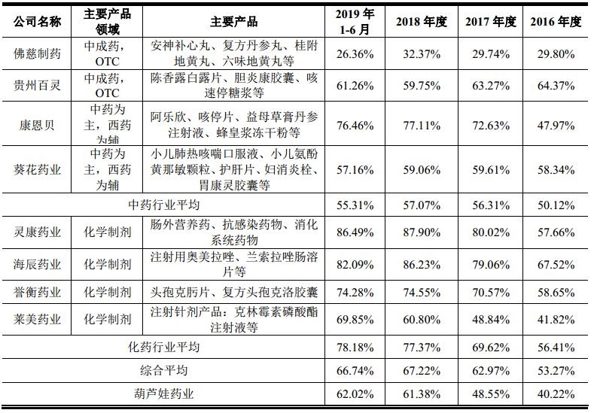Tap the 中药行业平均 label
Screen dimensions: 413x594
tap(163, 204)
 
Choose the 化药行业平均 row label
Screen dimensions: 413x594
tap(163, 347)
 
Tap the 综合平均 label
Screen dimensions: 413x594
tap(163, 370)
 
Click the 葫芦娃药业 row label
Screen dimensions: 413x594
tap(163, 393)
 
